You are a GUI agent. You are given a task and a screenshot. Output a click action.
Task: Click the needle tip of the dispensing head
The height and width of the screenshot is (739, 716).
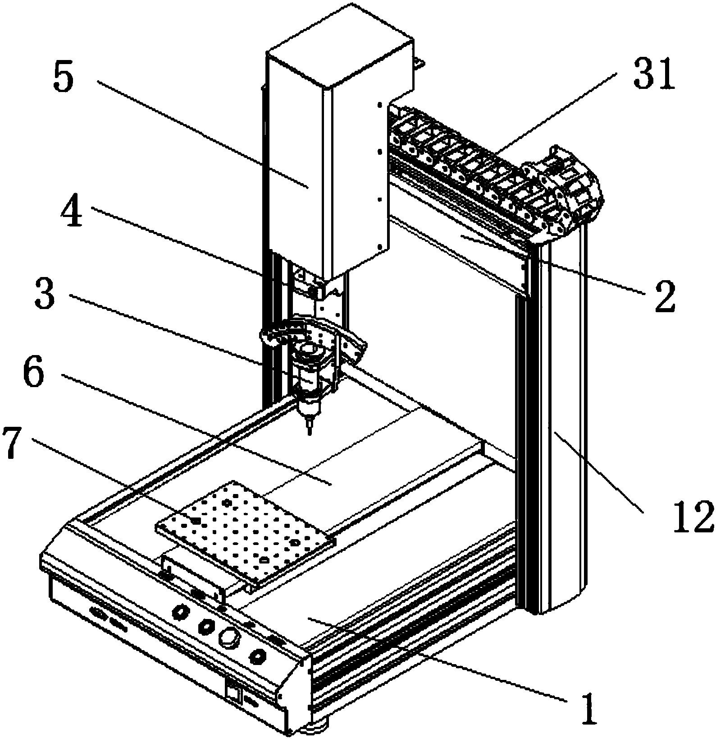click(x=309, y=432)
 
